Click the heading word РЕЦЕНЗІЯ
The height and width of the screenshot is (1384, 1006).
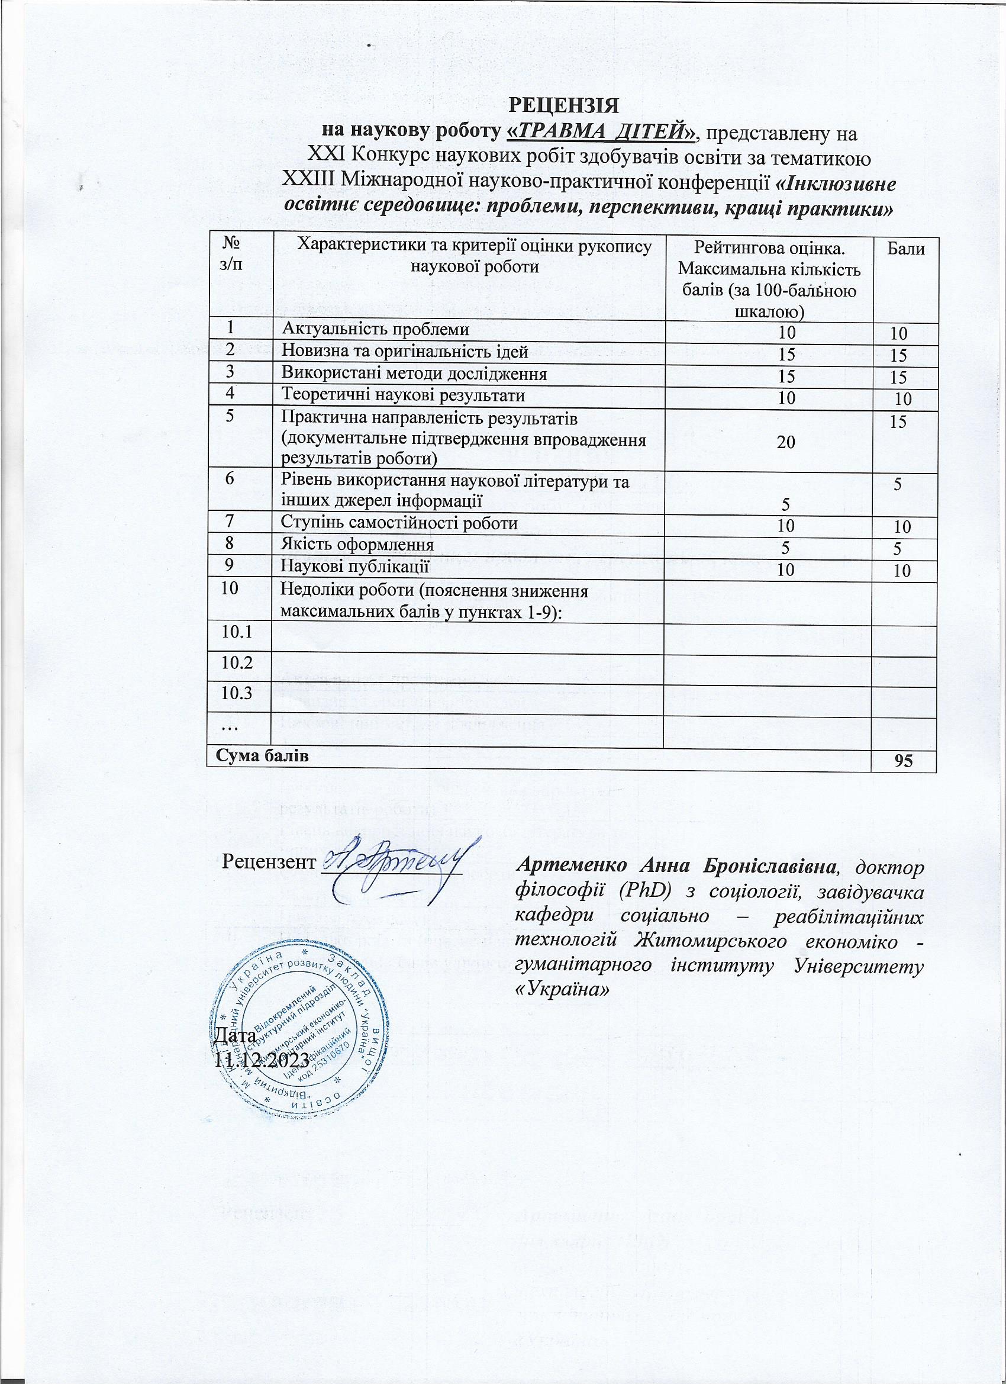pos(564,104)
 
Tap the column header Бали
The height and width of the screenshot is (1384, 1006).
pos(906,249)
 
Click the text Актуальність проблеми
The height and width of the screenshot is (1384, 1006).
pos(375,330)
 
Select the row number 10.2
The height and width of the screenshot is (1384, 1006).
pos(238,663)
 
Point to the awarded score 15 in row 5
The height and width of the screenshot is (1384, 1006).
pos(897,421)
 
